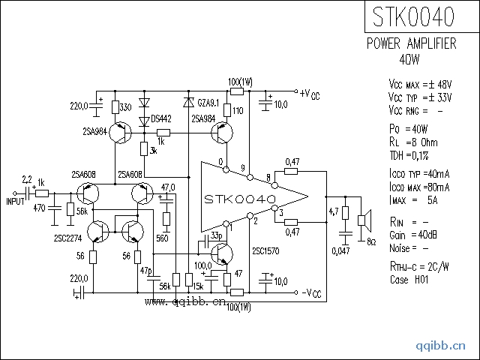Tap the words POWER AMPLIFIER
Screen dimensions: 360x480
click(x=411, y=44)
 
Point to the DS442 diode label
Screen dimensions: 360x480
click(x=161, y=118)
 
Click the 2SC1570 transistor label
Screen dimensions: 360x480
click(x=268, y=251)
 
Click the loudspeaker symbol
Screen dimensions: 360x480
click(x=363, y=219)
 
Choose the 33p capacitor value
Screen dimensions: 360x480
click(x=217, y=235)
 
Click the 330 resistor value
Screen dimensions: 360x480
click(x=125, y=108)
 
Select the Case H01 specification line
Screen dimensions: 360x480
click(x=409, y=278)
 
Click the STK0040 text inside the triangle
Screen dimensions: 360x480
click(x=240, y=199)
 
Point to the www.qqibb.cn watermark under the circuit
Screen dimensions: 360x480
click(x=184, y=301)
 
